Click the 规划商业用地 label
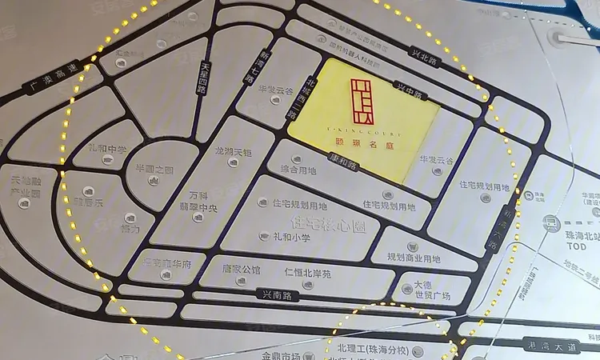(x=414, y=258)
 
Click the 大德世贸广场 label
(x=432, y=290)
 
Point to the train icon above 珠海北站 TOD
(x=550, y=223)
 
